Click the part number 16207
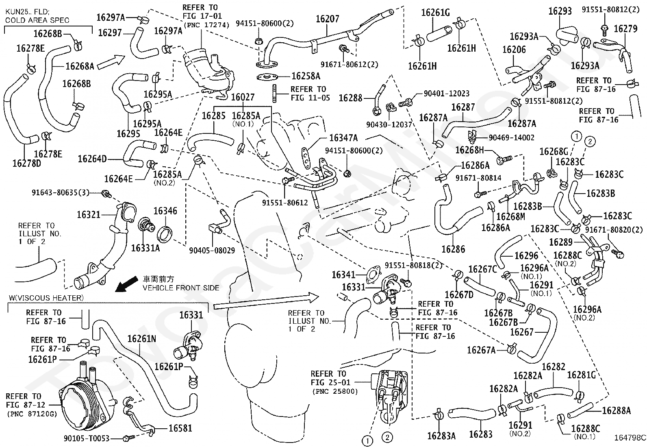pyautogui.click(x=328, y=19)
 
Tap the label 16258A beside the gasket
pyautogui.click(x=306, y=76)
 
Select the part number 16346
pyautogui.click(x=165, y=211)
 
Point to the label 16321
pyautogui.click(x=88, y=214)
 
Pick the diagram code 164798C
pyautogui.click(x=630, y=438)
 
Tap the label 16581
pyautogui.click(x=180, y=428)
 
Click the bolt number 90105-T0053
pyautogui.click(x=87, y=438)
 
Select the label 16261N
pyautogui.click(x=141, y=338)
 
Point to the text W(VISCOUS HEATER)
pyautogui.click(x=46, y=298)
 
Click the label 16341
pyautogui.click(x=343, y=275)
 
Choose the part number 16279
pyautogui.click(x=625, y=28)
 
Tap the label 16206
pyautogui.click(x=514, y=50)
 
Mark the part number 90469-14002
pyautogui.click(x=512, y=137)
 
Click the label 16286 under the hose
pyautogui.click(x=453, y=249)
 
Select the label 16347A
pyautogui.click(x=343, y=138)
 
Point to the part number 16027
pyautogui.click(x=243, y=97)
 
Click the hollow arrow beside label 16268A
pyautogui.click(x=111, y=63)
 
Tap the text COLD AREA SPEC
pyautogui.click(x=37, y=20)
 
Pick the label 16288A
pyautogui.click(x=617, y=410)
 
